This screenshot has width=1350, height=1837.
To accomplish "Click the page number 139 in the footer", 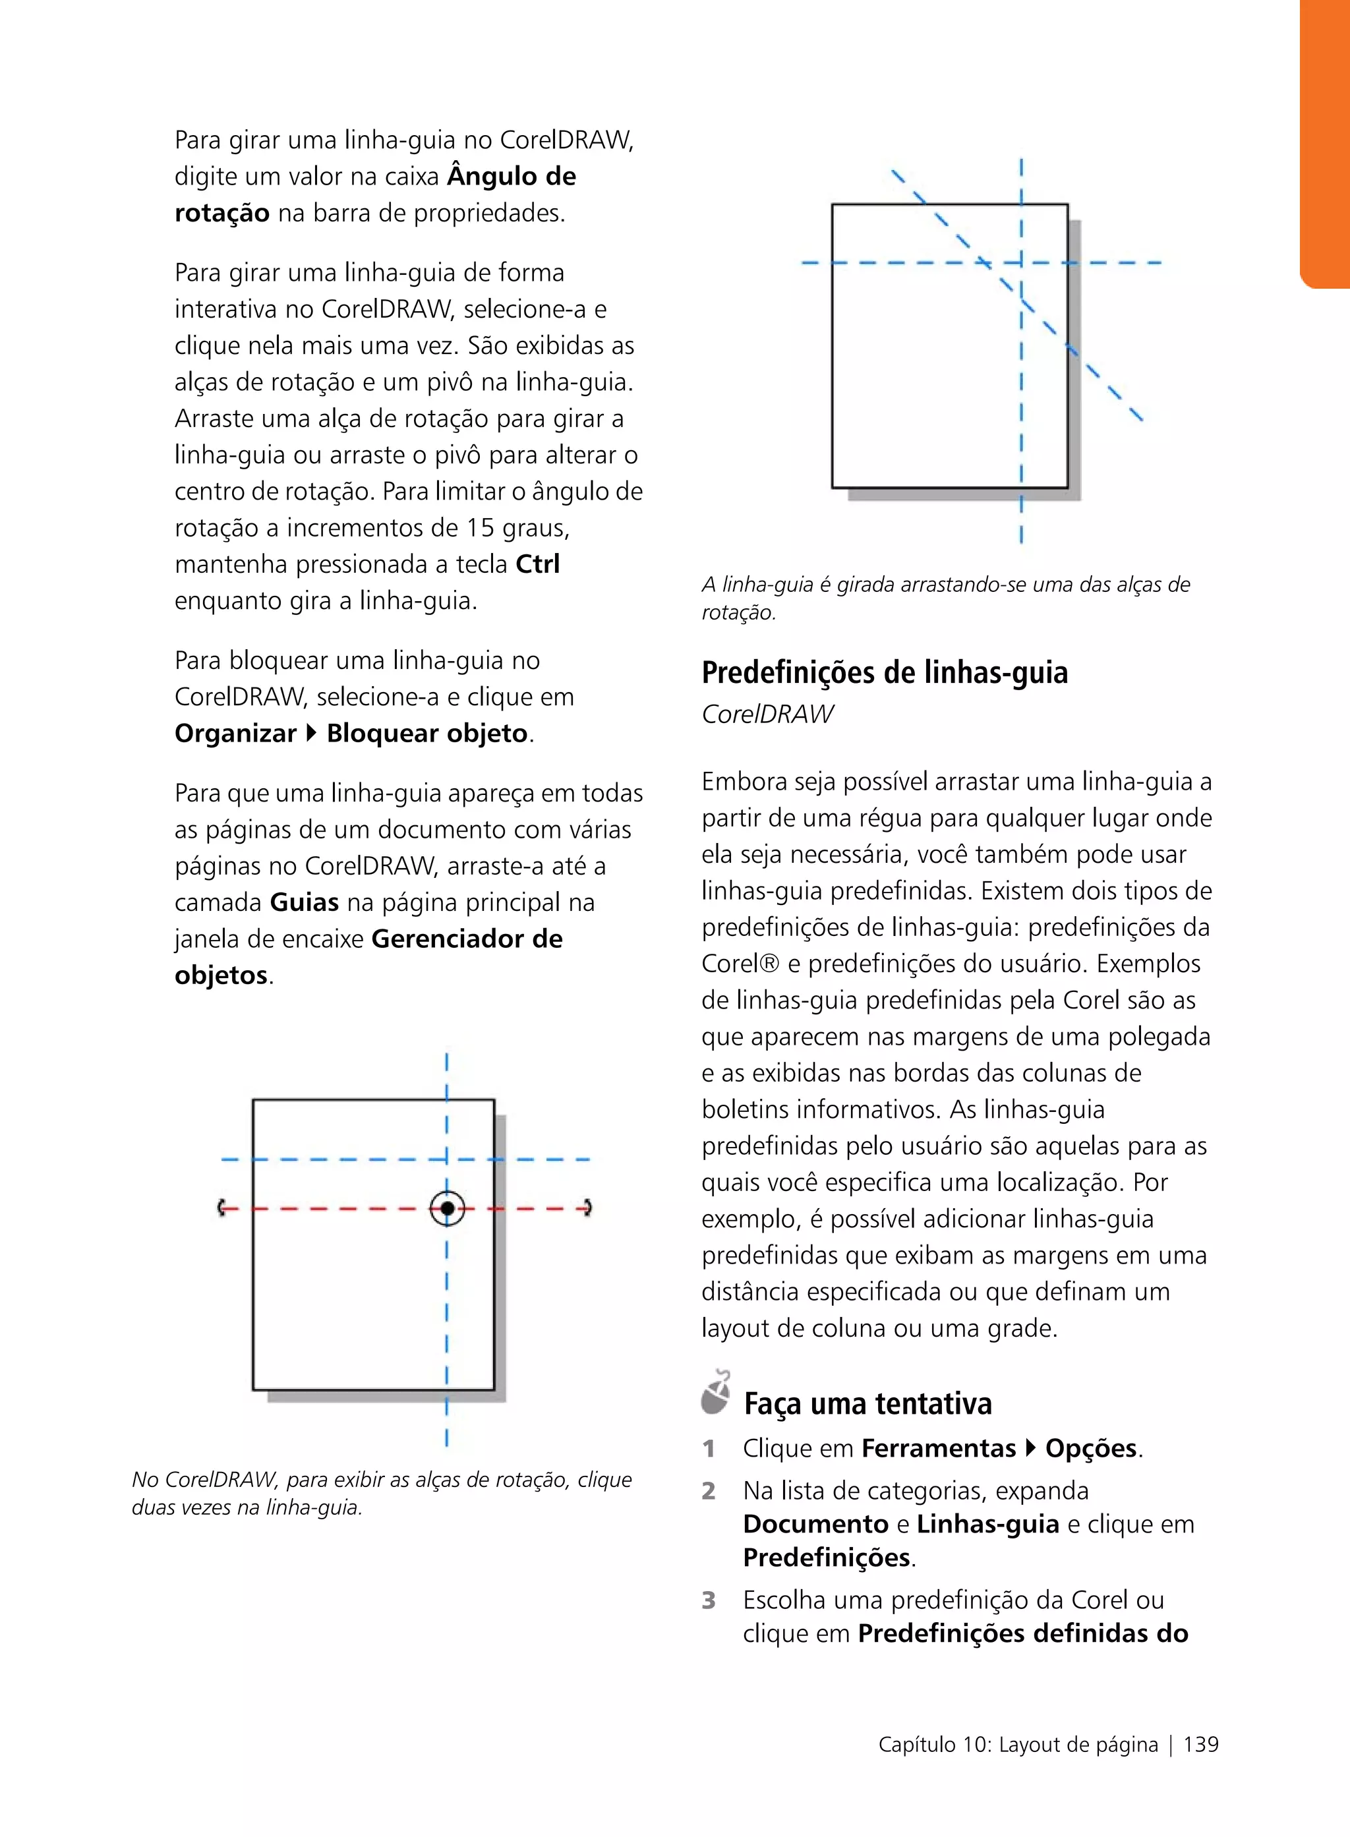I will click(x=1200, y=1744).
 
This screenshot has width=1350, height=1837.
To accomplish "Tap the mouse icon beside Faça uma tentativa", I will click(x=716, y=1393).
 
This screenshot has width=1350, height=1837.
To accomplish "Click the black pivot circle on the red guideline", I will click(x=447, y=1208).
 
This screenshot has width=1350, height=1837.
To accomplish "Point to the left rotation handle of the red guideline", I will click(x=221, y=1208).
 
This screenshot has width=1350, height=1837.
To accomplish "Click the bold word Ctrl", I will click(x=538, y=564).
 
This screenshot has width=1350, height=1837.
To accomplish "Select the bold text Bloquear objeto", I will click(x=426, y=733).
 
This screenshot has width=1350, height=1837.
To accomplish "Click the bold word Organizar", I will click(x=235, y=733).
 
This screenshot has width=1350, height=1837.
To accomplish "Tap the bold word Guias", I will click(x=304, y=902).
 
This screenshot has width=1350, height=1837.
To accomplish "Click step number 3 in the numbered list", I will click(x=709, y=1600).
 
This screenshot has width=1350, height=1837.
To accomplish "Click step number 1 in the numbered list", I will click(x=709, y=1449).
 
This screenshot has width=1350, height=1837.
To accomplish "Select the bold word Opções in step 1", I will click(x=1091, y=1448).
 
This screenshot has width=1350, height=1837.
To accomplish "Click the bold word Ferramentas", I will click(x=938, y=1448).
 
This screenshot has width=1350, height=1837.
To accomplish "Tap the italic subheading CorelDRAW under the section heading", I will click(x=767, y=714).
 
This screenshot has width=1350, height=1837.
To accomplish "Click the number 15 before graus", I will click(x=481, y=528).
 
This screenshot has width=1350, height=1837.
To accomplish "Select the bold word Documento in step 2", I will click(x=815, y=1524).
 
